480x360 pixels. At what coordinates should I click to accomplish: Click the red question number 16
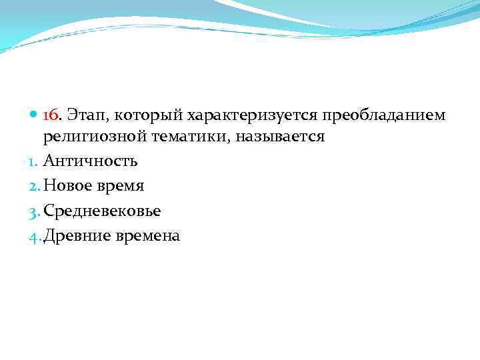[x=51, y=116]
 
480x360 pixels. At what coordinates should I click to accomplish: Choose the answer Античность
[x=91, y=161]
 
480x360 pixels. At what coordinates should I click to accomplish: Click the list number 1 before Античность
[x=37, y=161]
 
